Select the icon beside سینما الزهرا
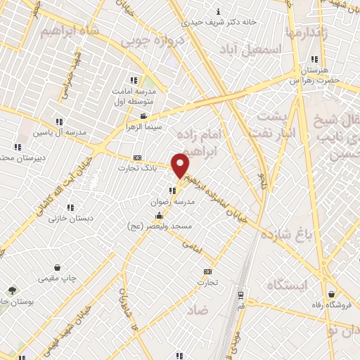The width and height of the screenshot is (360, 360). point(143,116)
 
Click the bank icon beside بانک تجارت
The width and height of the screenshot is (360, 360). point(136,157)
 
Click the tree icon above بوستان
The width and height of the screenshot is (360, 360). point(12,290)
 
